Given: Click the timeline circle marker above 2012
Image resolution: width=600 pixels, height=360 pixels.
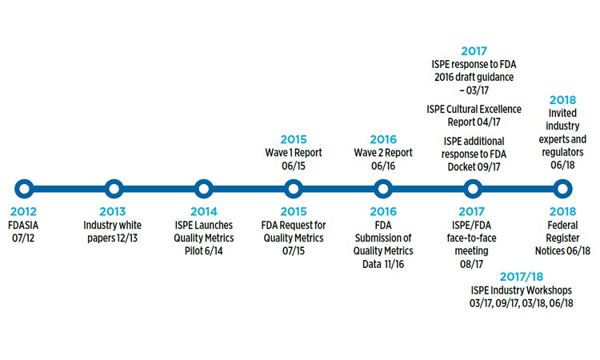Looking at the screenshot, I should (x=24, y=189).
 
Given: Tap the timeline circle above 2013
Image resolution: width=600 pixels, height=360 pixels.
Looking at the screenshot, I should (x=114, y=189).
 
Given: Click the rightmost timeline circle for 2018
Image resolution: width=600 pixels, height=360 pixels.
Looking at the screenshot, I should (x=562, y=189).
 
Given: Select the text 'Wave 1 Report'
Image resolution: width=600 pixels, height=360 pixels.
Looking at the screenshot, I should (x=293, y=153).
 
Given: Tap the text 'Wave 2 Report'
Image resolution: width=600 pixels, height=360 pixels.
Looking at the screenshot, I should (x=383, y=153).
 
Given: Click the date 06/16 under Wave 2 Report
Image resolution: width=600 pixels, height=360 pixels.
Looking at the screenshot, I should (x=382, y=166).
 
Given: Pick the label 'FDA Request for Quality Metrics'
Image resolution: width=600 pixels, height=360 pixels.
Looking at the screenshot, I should (x=294, y=232).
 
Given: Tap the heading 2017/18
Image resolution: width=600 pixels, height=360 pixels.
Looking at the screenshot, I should (x=517, y=274).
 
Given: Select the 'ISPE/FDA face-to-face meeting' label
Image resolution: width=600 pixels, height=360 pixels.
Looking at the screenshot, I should (x=472, y=232).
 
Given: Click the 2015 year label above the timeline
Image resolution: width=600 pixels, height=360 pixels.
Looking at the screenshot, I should (x=293, y=138).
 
